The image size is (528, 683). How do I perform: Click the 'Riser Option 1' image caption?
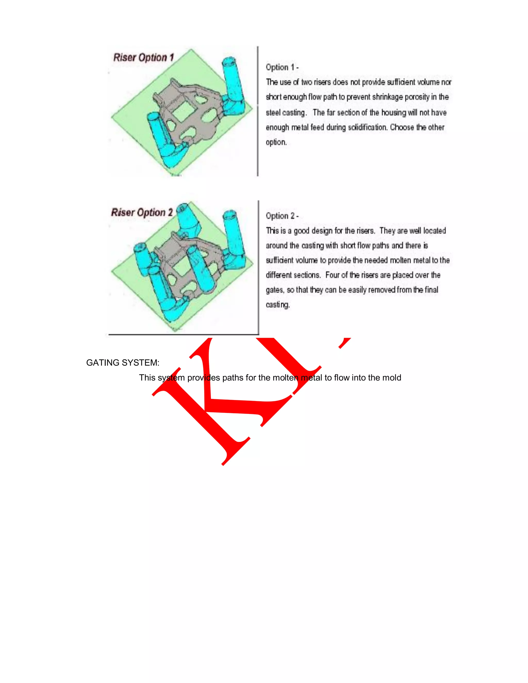pos(143,57)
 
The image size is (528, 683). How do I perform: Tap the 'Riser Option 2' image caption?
pos(142,212)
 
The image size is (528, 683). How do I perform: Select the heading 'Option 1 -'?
pos(282,67)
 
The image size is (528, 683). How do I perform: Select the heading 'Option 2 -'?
pos(282,216)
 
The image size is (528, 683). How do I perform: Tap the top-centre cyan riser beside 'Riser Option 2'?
pos(187,219)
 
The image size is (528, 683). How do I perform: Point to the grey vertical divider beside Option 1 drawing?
pos(258,111)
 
